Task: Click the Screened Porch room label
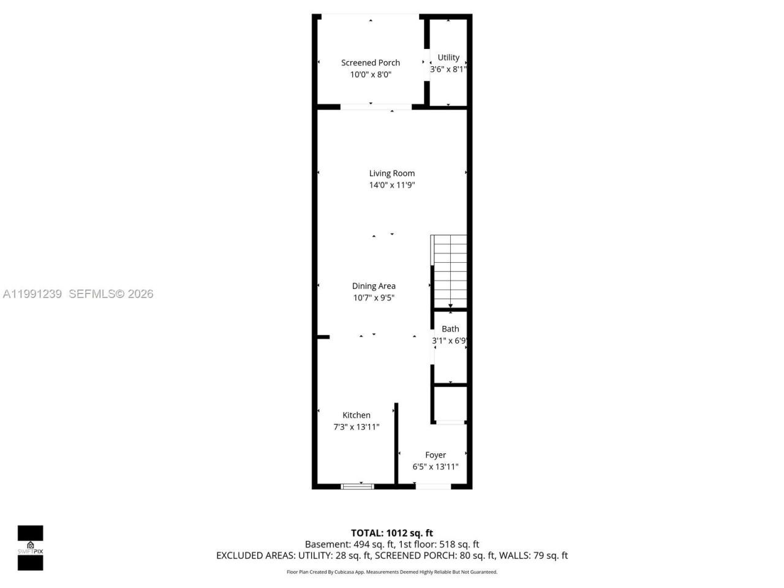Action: click(371, 62)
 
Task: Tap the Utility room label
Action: click(448, 58)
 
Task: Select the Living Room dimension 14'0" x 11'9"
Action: click(392, 185)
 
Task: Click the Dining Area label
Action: click(374, 286)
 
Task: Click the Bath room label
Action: click(450, 329)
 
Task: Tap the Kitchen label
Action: click(356, 415)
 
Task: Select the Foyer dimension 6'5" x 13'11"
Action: click(435, 467)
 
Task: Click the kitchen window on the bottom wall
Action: click(358, 486)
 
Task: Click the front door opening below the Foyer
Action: click(433, 486)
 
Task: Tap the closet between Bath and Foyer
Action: click(450, 403)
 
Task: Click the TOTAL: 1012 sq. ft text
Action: click(392, 533)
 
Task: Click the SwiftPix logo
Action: click(30, 547)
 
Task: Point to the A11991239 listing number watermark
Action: click(32, 294)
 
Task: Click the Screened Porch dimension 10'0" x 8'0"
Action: click(371, 75)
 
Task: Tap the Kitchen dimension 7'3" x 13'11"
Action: click(356, 427)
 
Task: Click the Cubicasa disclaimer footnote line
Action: click(392, 572)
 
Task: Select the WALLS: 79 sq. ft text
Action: click(533, 556)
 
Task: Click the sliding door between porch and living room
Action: click(375, 107)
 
